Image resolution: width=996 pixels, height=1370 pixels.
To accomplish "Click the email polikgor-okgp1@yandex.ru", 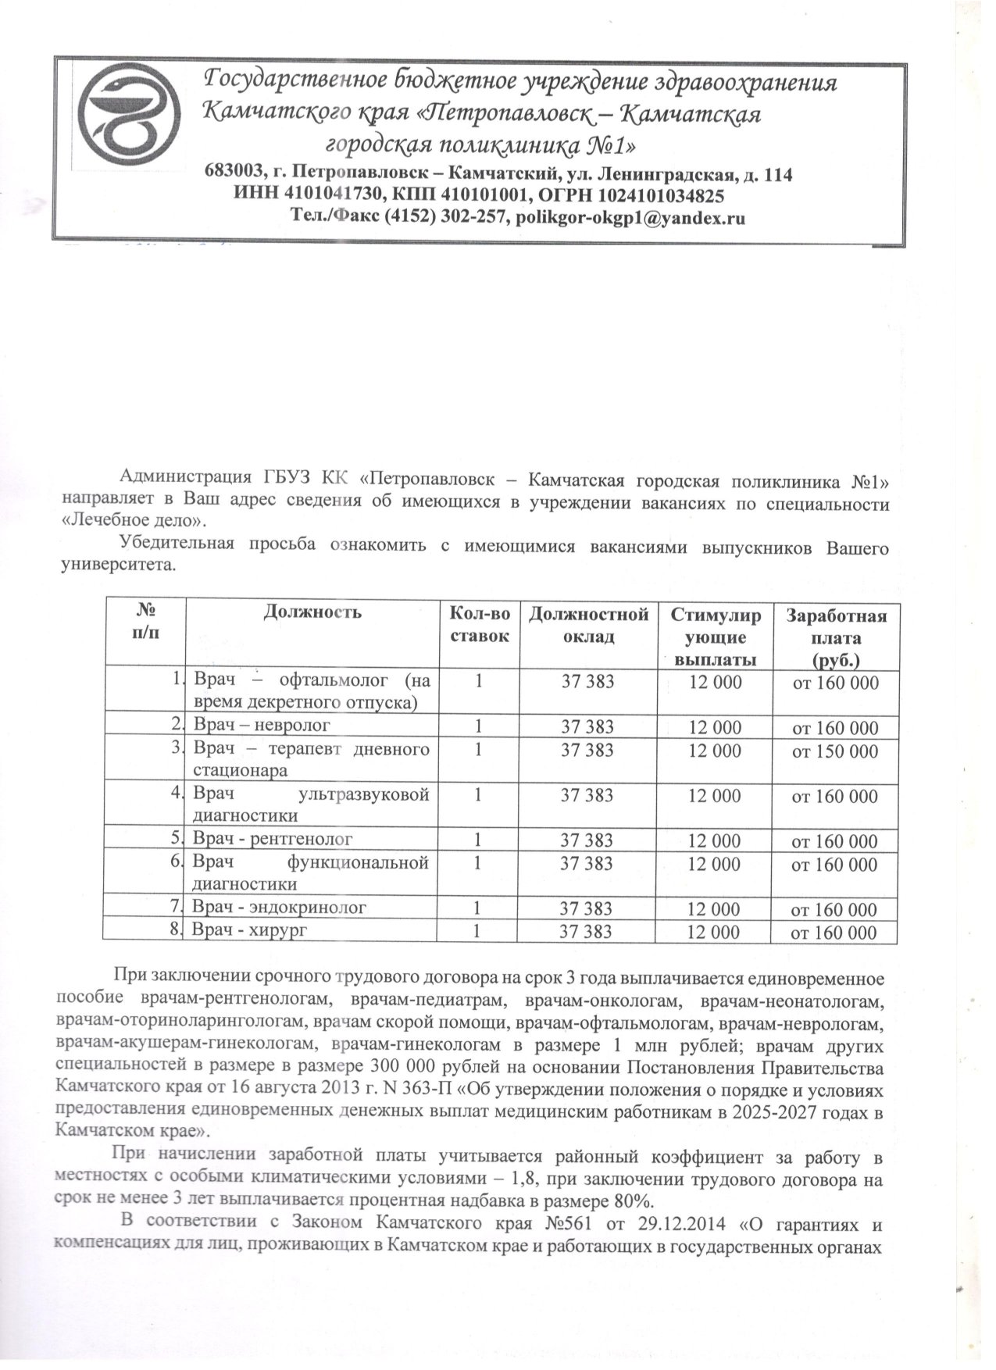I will (x=629, y=219).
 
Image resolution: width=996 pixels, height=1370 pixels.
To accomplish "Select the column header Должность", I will (x=312, y=612).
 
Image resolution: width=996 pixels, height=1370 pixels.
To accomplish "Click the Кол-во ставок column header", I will (x=479, y=625).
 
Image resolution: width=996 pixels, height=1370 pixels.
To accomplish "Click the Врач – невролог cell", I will (x=262, y=726).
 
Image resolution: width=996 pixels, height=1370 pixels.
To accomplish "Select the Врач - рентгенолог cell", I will (x=273, y=839).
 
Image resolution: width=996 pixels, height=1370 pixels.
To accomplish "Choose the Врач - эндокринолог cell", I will (x=280, y=908).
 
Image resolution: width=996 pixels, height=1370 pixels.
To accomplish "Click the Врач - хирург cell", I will (x=250, y=930).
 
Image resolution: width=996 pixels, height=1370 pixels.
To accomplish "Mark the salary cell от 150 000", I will (x=835, y=752).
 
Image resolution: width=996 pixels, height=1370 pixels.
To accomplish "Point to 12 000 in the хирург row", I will (x=714, y=932).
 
